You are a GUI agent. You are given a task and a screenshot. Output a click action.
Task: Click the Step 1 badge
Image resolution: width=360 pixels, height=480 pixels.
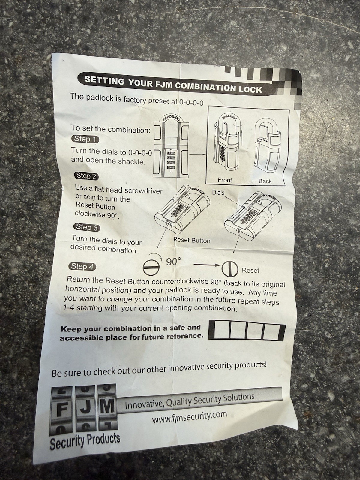(85, 139)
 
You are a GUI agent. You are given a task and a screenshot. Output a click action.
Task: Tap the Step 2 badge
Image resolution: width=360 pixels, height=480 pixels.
(86, 176)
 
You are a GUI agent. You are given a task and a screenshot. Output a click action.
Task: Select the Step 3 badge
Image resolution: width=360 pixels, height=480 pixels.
(87, 227)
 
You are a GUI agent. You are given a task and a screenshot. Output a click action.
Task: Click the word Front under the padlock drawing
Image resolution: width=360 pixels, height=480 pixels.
(225, 180)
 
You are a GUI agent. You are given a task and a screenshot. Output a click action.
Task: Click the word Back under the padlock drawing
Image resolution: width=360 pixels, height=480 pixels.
(265, 181)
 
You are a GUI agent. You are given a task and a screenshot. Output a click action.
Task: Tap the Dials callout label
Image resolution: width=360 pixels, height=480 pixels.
(218, 192)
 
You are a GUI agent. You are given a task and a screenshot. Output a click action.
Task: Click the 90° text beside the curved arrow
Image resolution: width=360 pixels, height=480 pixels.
(174, 262)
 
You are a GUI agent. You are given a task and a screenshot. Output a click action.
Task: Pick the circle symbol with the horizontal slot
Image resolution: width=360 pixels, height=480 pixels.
(151, 268)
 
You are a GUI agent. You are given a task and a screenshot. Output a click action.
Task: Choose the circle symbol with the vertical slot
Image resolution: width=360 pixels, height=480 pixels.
(229, 269)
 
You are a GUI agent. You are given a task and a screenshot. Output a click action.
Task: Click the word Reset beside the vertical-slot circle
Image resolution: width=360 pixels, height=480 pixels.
(250, 271)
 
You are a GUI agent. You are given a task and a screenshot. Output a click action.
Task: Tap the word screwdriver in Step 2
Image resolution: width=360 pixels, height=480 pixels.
(143, 191)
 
